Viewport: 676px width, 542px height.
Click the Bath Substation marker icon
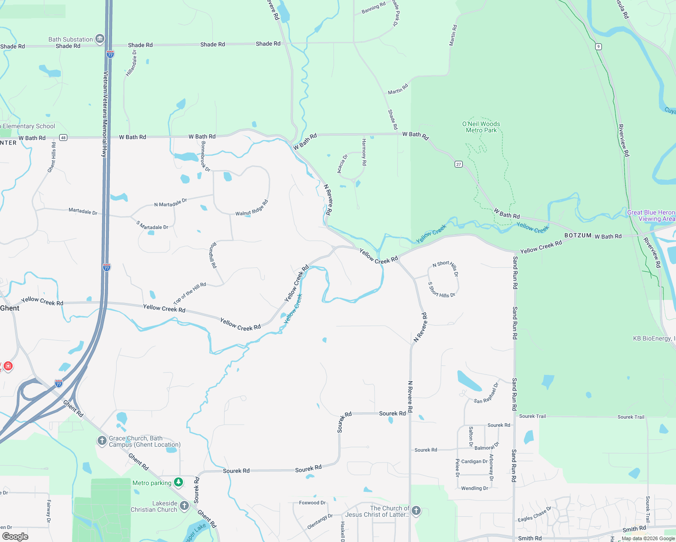[100, 39]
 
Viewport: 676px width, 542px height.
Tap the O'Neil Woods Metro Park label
[481, 127]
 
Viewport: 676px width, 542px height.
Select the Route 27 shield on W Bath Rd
[459, 164]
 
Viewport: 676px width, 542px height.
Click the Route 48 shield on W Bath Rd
[63, 138]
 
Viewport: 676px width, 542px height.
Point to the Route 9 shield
[598, 47]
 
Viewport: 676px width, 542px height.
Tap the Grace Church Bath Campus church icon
[102, 441]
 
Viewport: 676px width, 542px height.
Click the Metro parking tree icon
[178, 483]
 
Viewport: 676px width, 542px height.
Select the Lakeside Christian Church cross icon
[184, 505]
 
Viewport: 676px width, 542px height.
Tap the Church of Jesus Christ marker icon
[416, 511]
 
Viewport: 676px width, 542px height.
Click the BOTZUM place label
[577, 235]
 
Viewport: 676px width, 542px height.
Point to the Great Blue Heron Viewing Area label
[651, 215]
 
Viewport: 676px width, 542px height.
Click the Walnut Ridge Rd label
[252, 208]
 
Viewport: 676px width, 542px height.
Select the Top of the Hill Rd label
[190, 294]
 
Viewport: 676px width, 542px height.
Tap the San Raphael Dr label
[486, 393]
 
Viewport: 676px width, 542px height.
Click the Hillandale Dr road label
[131, 63]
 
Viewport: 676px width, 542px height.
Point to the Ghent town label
[9, 308]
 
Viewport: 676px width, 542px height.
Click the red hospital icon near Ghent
[8, 365]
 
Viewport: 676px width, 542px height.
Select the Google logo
[15, 537]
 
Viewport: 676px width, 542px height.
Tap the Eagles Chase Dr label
[535, 514]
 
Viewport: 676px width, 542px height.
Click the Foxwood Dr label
[312, 503]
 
